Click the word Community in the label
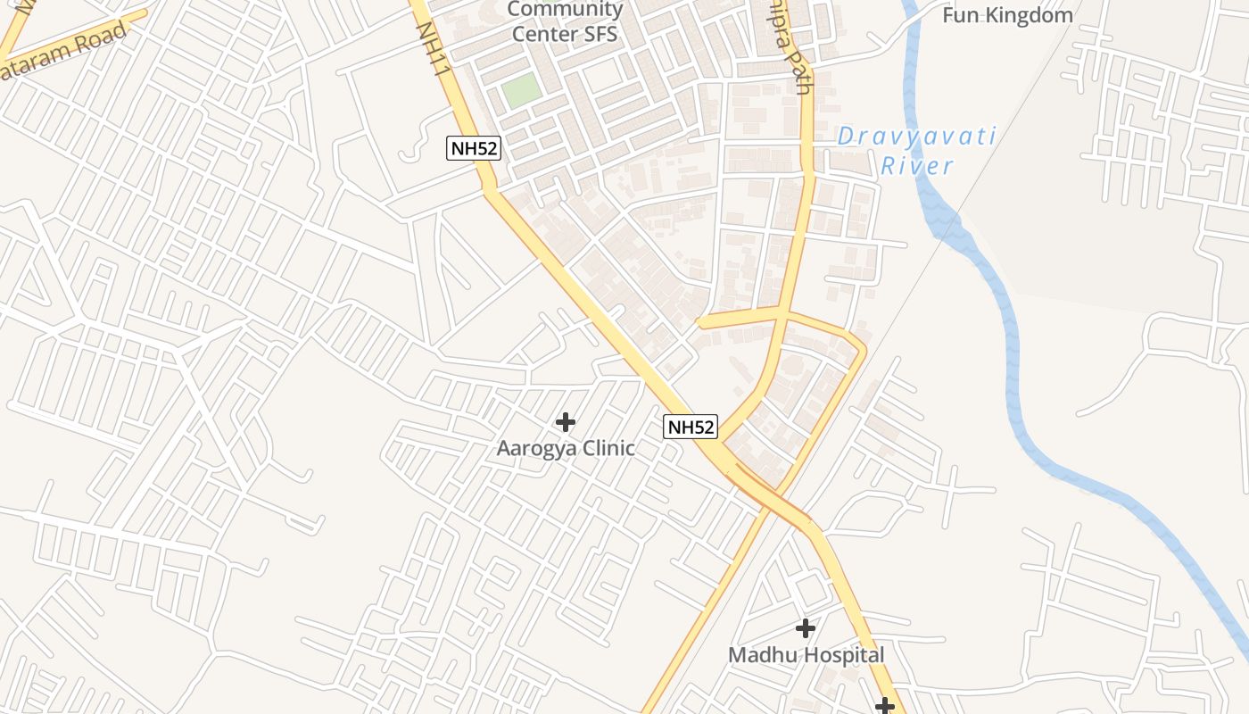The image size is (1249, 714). click(x=565, y=10)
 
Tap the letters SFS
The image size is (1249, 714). click(x=598, y=35)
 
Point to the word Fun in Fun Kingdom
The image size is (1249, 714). click(x=961, y=15)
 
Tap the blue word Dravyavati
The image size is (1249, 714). click(x=916, y=137)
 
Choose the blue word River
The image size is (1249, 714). click(x=917, y=166)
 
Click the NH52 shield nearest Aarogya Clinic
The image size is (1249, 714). click(x=691, y=427)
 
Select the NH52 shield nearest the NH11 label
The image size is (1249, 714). click(x=474, y=148)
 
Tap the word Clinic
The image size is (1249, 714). click(x=607, y=448)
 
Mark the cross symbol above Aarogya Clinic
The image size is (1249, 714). click(x=565, y=421)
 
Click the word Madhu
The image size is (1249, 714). click(x=760, y=655)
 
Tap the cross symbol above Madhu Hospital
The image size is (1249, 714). click(x=806, y=628)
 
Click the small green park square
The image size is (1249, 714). click(x=521, y=90)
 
